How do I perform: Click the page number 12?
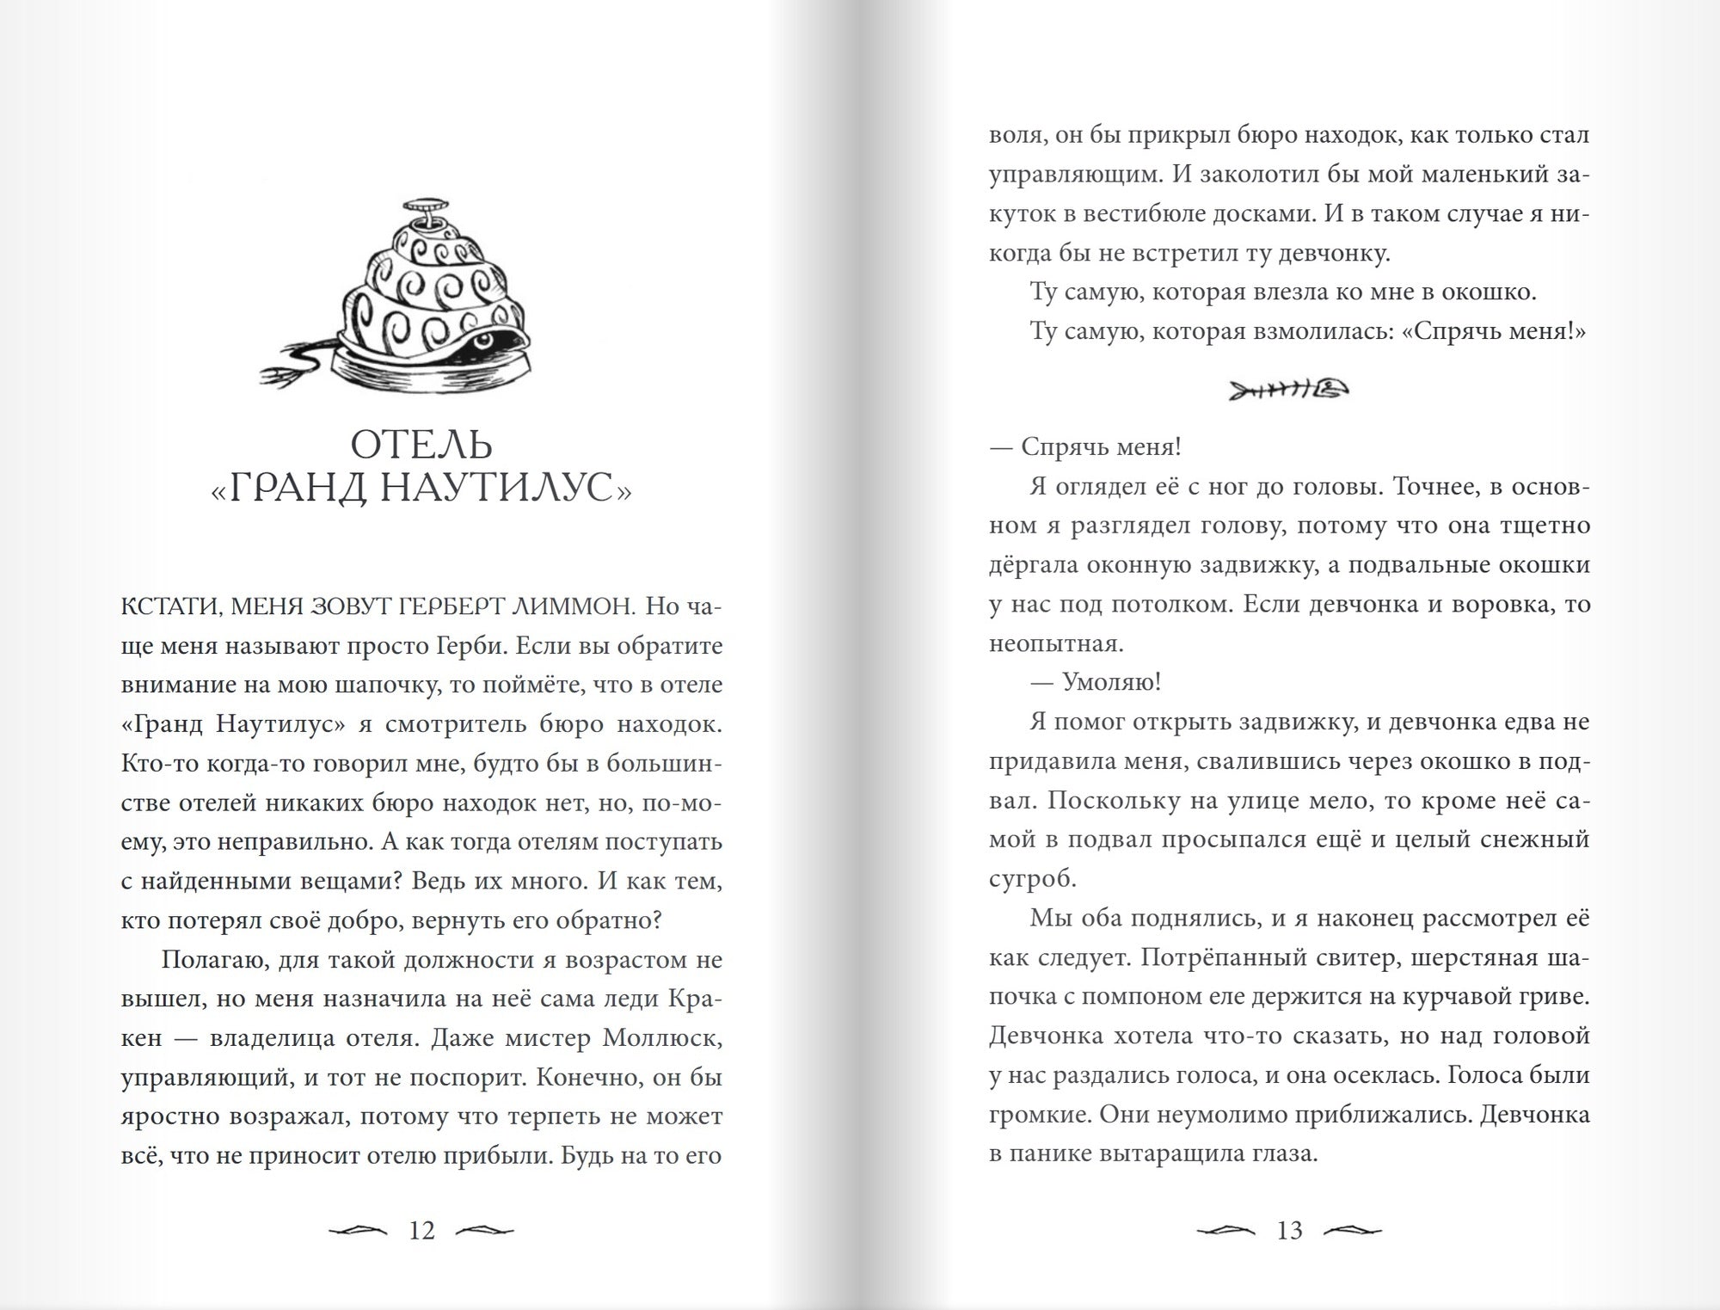coord(421,1231)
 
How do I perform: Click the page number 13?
coord(1289,1231)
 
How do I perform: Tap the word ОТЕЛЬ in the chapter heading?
coord(421,446)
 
